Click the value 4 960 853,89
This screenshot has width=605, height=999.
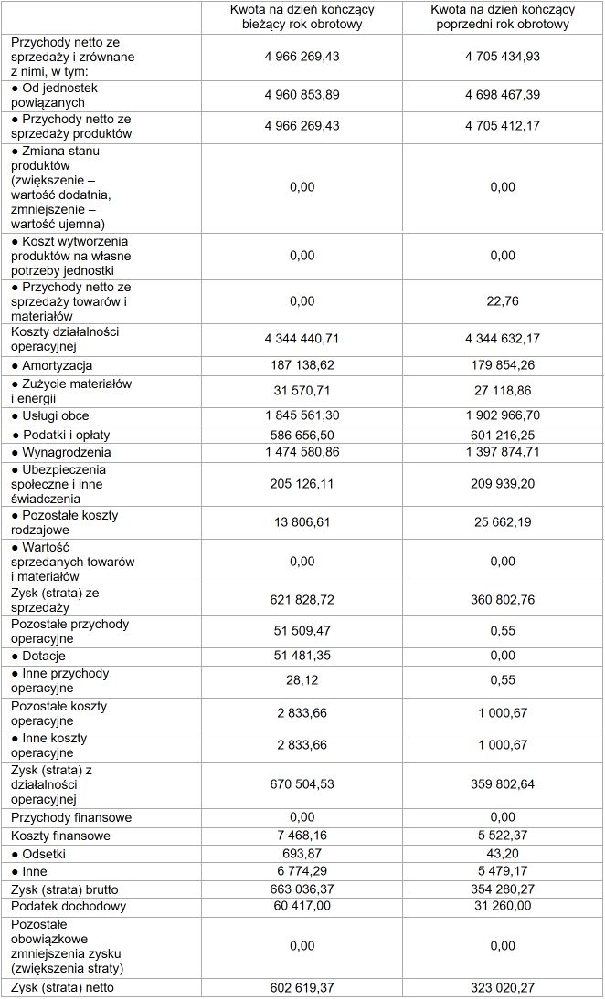coord(302,95)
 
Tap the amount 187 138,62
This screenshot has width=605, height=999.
coord(302,365)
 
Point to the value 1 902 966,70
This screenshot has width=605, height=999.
coord(503,415)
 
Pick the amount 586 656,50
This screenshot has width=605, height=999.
coord(302,434)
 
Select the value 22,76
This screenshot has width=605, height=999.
coord(503,301)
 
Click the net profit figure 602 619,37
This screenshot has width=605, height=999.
coord(302,987)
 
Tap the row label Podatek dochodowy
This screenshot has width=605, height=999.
coord(69,907)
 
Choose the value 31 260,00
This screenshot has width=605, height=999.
coord(503,907)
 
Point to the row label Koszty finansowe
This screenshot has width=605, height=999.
coord(61,836)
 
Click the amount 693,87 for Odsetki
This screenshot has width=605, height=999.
coord(302,854)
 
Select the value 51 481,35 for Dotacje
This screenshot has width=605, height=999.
coord(302,655)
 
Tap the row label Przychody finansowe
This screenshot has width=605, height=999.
coord(71,817)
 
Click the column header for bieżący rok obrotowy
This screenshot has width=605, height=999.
coord(302,17)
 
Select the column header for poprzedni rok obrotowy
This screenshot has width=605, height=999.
coord(503,17)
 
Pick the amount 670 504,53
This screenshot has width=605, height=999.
coord(302,784)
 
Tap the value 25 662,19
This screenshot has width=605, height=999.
coord(503,522)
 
